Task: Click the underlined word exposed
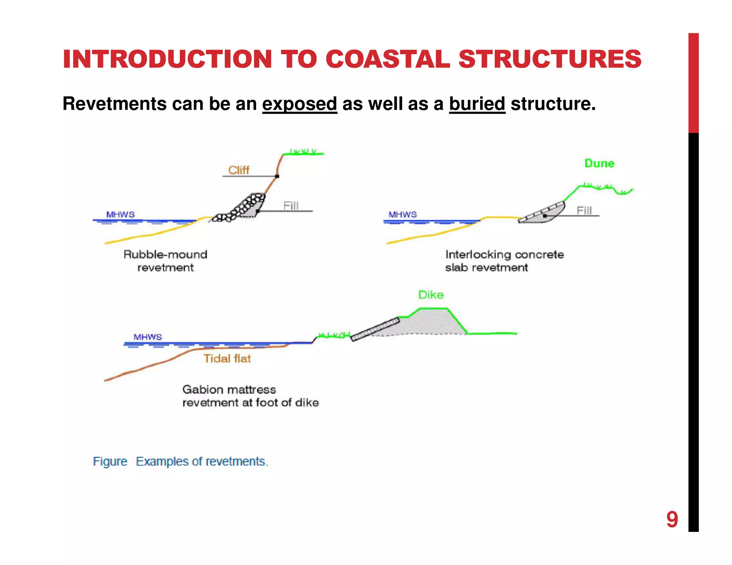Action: click(300, 104)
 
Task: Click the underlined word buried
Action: click(477, 104)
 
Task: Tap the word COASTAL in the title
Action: click(387, 59)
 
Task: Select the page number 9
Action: click(672, 519)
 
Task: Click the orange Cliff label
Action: click(239, 170)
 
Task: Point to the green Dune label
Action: click(599, 163)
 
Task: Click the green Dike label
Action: click(431, 295)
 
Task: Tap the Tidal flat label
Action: click(227, 358)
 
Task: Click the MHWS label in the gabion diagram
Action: click(148, 337)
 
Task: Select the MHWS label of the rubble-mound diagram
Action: click(120, 214)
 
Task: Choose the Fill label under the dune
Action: click(584, 210)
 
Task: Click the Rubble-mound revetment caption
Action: click(165, 261)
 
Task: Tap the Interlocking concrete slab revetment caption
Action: click(504, 261)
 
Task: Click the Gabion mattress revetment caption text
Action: click(250, 396)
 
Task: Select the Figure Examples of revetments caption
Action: click(180, 461)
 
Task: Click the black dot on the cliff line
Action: click(277, 176)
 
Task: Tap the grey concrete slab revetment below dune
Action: click(541, 213)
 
